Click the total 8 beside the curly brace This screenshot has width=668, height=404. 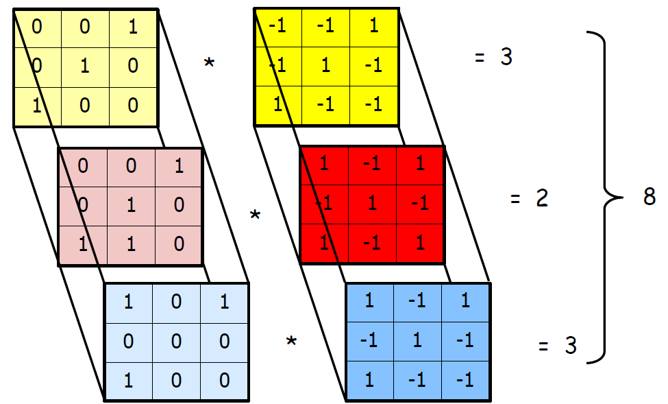pos(650,198)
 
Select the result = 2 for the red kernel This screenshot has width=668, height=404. pos(529,200)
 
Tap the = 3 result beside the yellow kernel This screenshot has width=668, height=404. pos(493,58)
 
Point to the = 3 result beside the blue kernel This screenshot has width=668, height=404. pos(557,346)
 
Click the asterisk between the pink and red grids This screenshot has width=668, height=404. pos(255,216)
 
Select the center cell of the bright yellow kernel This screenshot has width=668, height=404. pos(326,67)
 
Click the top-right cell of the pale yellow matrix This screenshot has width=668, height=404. pos(133,27)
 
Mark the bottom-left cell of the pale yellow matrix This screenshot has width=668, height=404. pos(37,106)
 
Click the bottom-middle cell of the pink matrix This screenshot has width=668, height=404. pos(130,244)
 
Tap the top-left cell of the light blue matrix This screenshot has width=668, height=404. pos(128,302)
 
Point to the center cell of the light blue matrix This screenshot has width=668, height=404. pos(176,341)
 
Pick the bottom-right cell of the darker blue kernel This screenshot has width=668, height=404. pos(466,380)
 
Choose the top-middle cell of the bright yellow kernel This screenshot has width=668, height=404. pos(326,27)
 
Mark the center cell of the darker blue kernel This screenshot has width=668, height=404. pos(418,341)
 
